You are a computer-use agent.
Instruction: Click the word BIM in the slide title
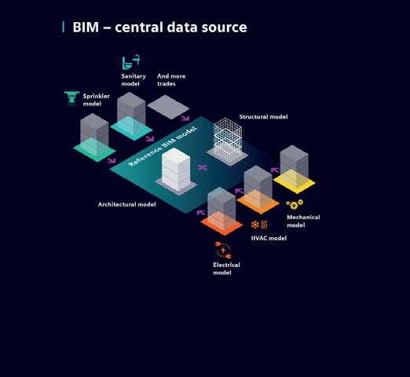[86, 27]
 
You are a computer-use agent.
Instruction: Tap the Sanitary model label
[134, 80]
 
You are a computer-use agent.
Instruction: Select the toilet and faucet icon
[131, 62]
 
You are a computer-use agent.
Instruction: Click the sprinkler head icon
[71, 98]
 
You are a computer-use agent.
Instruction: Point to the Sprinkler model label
[97, 100]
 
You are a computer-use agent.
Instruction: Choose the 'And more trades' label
[171, 80]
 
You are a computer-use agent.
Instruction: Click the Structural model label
[263, 117]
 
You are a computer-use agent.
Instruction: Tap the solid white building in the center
[176, 169]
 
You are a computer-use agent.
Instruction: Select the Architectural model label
[127, 204]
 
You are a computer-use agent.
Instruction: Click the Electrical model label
[226, 269]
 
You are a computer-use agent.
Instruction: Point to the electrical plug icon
[223, 250]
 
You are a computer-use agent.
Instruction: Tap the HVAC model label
[269, 238]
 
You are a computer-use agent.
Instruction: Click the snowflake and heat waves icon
[259, 225]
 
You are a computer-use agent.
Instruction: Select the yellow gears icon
[295, 204]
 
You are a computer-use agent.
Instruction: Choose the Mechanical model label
[303, 221]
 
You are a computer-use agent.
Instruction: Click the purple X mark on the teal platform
[202, 167]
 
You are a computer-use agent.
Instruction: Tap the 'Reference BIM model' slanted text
[163, 146]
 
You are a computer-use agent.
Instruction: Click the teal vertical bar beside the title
[64, 27]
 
